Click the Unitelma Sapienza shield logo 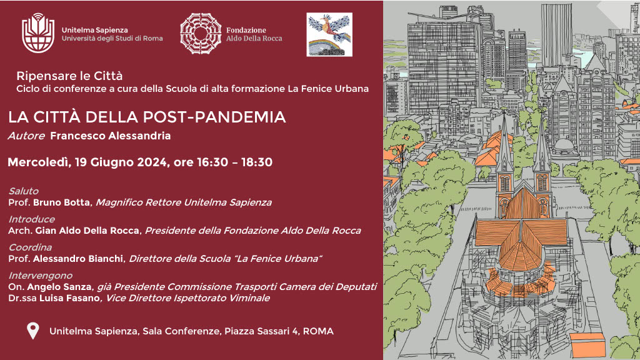(x=38, y=33)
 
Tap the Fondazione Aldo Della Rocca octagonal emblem (x=201, y=34)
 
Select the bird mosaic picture (x=329, y=34)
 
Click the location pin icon (x=32, y=331)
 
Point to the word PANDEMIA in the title (x=240, y=117)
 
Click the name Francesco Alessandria (x=110, y=136)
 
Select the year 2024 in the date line (x=152, y=162)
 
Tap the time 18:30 (x=257, y=162)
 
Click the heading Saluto (x=24, y=191)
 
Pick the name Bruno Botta (x=61, y=202)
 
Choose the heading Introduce (x=31, y=219)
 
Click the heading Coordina (x=30, y=247)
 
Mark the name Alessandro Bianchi (x=78, y=259)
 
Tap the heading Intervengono (x=41, y=276)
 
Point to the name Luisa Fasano (x=69, y=298)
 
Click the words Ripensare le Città (x=69, y=76)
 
